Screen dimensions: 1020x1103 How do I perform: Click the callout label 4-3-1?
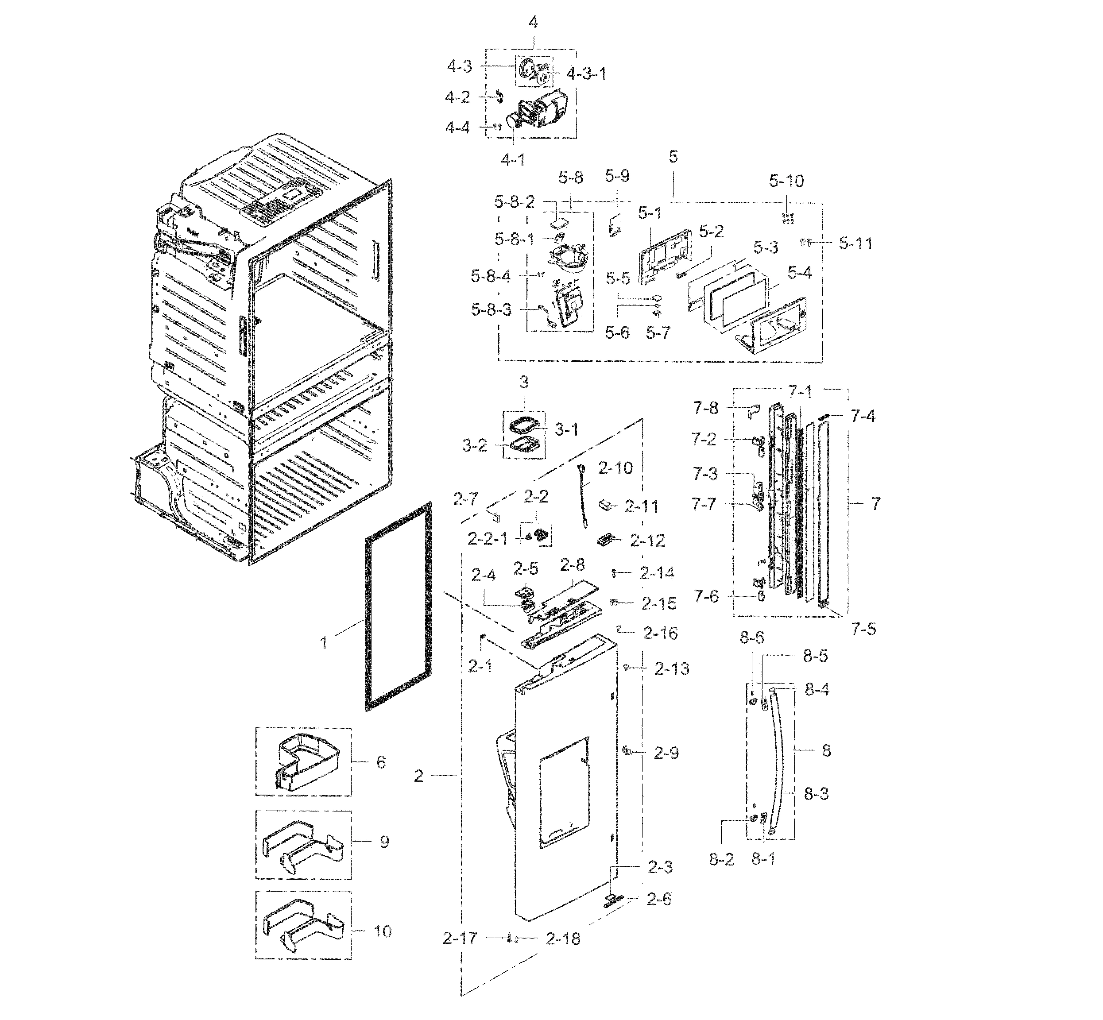586,73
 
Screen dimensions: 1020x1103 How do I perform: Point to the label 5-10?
787,181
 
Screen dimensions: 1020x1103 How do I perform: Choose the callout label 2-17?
460,938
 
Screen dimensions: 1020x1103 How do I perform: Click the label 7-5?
863,629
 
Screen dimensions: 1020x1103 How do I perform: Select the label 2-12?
647,541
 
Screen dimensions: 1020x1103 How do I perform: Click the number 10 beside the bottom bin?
383,932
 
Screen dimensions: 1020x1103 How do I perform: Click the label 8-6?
752,638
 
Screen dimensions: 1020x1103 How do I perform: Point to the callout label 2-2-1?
488,539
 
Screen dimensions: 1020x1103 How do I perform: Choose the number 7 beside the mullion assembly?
875,503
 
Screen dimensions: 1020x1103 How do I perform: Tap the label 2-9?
666,753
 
